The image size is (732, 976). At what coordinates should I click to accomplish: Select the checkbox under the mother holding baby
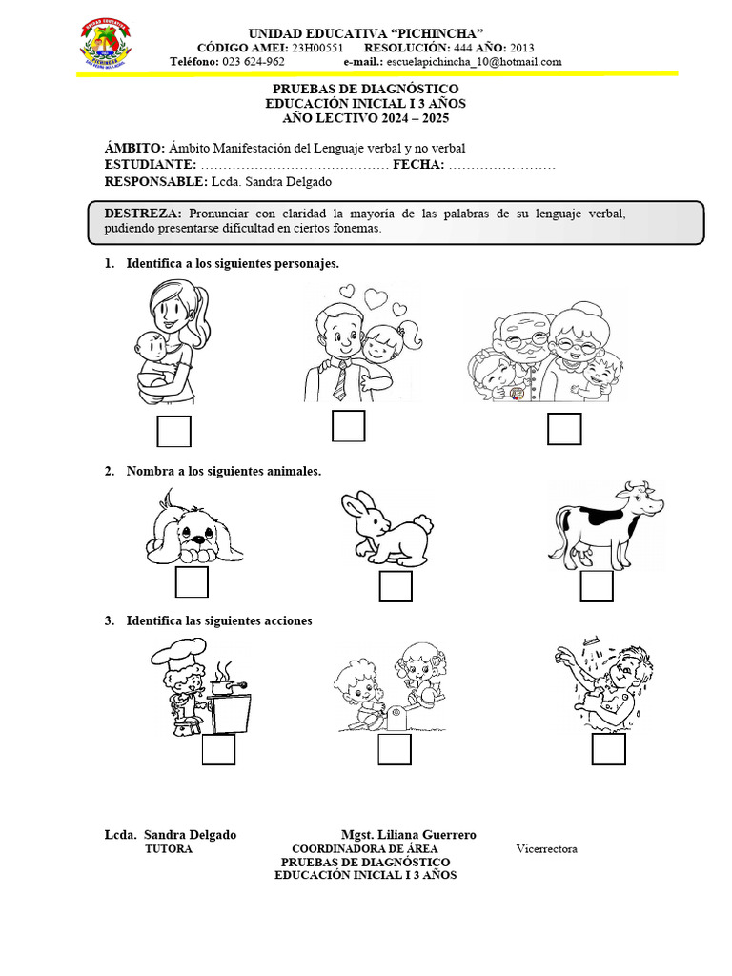pos(173,431)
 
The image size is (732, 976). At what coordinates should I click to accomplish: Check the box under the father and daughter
pos(349,426)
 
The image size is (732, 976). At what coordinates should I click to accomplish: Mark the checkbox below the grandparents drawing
pos(564,429)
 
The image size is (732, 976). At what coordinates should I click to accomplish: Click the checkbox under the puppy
pos(192,582)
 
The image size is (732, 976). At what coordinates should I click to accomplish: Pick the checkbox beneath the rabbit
pos(396,586)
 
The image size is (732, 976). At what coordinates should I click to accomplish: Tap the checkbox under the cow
pos(597,586)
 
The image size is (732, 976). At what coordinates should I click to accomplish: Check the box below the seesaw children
pos(394,749)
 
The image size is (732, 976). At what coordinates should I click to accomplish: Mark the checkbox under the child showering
pos(608,749)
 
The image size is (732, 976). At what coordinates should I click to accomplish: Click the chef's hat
pos(173,654)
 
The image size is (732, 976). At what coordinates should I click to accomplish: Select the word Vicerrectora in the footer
pos(546,849)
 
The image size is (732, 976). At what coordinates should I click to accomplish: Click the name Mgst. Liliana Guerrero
pos(408,835)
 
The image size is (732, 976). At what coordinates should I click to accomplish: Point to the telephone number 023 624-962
pos(253,62)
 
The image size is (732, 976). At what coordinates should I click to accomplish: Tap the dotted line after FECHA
pos(501,165)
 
